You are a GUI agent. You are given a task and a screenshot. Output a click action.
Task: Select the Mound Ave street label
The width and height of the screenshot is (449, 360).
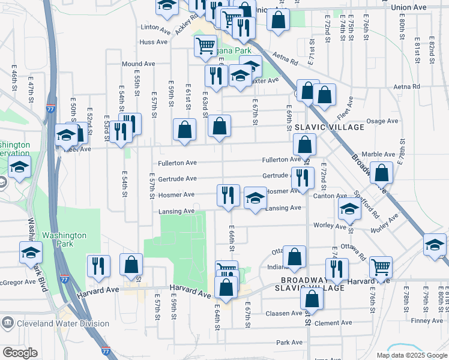click(x=138, y=64)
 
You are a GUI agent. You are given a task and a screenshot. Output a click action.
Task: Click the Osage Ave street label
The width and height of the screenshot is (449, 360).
click(x=382, y=121)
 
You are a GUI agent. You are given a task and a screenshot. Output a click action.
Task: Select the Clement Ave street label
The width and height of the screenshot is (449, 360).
click(x=328, y=323)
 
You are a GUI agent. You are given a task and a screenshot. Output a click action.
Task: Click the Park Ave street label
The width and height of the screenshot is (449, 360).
click(x=289, y=343)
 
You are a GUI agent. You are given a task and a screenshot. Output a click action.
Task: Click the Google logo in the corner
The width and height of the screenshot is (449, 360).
click(x=20, y=353)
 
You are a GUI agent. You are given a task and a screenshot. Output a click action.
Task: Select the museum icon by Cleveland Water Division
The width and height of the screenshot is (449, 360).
click(x=7, y=324)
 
